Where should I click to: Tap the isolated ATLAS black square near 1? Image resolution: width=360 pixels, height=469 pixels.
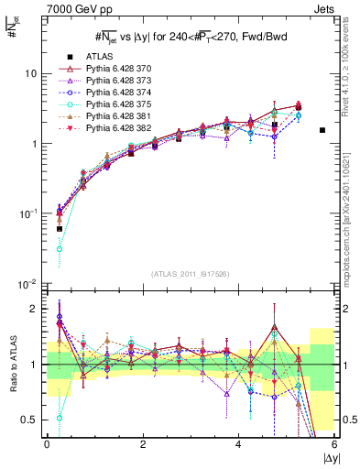tap(322, 130)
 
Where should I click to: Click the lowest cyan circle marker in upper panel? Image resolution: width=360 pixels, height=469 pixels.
tap(60, 248)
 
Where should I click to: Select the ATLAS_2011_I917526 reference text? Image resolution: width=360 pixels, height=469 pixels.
tap(191, 274)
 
